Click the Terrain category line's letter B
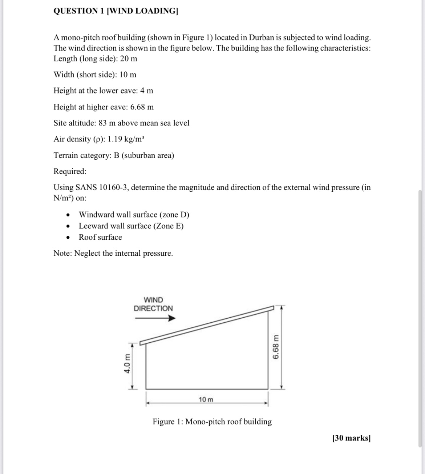point(117,155)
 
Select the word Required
point(70,171)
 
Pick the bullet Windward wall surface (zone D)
point(134,215)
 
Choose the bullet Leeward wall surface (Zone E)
point(131,226)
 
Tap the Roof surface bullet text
point(100,237)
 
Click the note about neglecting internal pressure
point(113,253)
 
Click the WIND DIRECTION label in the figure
point(153,304)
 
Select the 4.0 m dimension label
point(127,363)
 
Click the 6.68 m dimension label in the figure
point(276,347)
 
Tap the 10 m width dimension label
point(206,399)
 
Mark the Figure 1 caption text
point(212,422)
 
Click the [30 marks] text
point(351,438)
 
